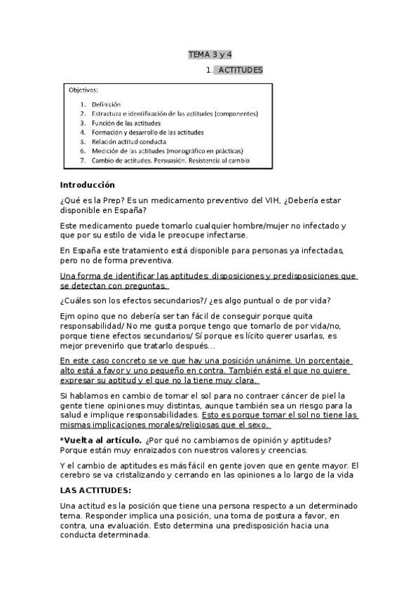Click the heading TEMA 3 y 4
(x=210, y=54)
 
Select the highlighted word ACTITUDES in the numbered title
(x=240, y=70)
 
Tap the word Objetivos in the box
(x=83, y=90)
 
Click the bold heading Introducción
(x=87, y=186)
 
